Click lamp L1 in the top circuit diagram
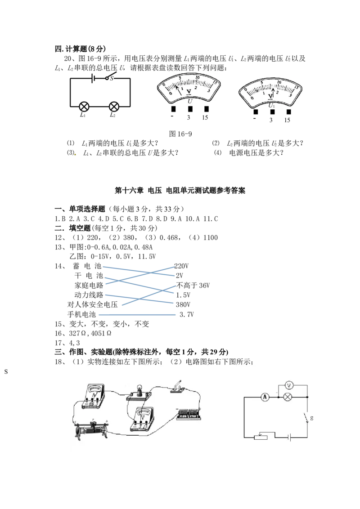(x=84, y=107)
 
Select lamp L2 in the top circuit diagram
(x=114, y=107)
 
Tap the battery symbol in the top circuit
(x=93, y=78)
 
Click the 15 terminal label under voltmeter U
(x=205, y=117)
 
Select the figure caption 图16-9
(x=180, y=134)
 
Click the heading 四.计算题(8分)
(x=80, y=49)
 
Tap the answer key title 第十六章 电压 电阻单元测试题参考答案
(x=180, y=191)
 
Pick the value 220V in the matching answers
(x=181, y=266)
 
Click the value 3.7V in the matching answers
(x=186, y=314)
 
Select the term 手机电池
(x=81, y=314)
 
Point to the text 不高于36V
(x=193, y=286)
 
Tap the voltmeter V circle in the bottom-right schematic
(x=289, y=385)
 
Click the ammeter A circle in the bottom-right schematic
(x=265, y=397)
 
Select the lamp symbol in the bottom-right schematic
(x=287, y=397)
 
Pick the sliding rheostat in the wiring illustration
(x=91, y=429)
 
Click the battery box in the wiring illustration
(x=189, y=414)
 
